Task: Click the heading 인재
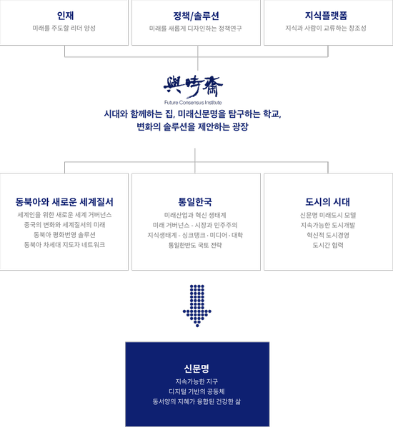click(x=65, y=16)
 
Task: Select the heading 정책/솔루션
click(x=196, y=16)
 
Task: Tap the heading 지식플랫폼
click(x=326, y=16)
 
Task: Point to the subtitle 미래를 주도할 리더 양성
click(x=64, y=28)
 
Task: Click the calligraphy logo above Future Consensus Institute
click(x=193, y=87)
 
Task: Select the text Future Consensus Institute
click(x=193, y=102)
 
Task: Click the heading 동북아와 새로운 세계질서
click(x=64, y=202)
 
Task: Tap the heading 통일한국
click(x=195, y=202)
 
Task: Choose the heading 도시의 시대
click(x=327, y=202)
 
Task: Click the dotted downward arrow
click(x=197, y=306)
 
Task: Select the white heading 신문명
click(x=196, y=368)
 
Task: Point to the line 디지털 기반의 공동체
click(x=196, y=391)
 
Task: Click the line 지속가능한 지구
click(x=196, y=381)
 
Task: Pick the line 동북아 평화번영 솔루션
click(x=64, y=234)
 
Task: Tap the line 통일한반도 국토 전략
click(x=195, y=245)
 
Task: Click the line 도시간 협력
click(x=328, y=245)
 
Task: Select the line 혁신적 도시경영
click(x=328, y=235)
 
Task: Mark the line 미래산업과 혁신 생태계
click(x=195, y=215)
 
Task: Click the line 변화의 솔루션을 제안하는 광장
click(x=192, y=126)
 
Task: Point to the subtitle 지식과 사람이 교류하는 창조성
click(x=326, y=28)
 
